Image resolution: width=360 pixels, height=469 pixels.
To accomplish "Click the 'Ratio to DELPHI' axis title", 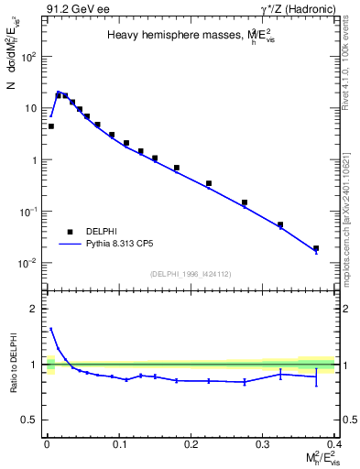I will [14, 363].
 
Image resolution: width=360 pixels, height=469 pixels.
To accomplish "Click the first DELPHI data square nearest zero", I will [50, 126].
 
